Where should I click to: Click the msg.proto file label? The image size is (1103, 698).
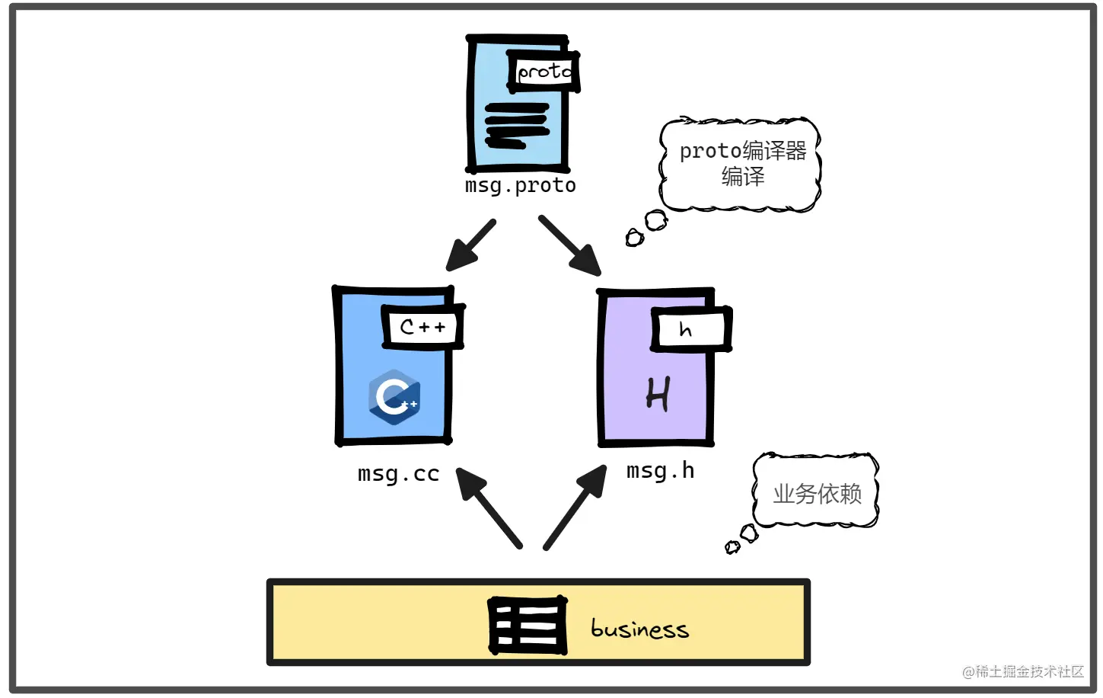click(520, 185)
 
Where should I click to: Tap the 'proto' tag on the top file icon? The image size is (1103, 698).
click(544, 72)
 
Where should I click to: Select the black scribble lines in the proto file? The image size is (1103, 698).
click(517, 125)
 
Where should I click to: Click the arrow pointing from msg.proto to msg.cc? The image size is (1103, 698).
click(470, 245)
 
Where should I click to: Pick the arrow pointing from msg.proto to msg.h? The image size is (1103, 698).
click(570, 245)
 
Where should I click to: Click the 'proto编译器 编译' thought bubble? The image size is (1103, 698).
click(741, 164)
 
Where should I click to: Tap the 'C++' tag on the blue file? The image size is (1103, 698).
click(422, 327)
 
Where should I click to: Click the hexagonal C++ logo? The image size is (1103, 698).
click(394, 396)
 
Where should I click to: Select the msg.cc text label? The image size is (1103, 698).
click(398, 473)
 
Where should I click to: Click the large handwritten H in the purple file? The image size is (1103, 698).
click(658, 394)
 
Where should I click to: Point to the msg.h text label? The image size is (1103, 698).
click(660, 471)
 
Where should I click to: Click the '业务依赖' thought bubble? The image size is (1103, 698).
click(817, 492)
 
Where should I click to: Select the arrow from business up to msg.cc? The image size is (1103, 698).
click(489, 507)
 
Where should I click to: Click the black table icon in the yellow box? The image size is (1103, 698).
click(528, 626)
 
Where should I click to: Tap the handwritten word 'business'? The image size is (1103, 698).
click(639, 628)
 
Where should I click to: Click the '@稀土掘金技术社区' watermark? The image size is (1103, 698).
click(1022, 671)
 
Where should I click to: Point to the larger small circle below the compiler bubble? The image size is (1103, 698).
click(655, 221)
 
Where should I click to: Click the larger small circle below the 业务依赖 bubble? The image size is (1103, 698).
click(749, 533)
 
